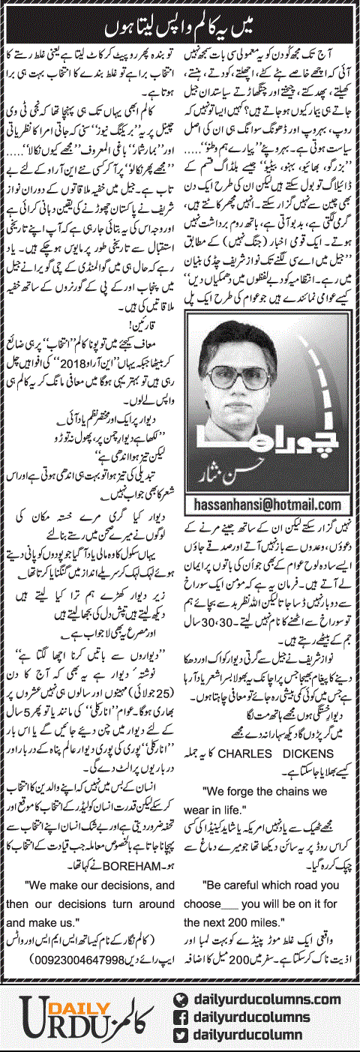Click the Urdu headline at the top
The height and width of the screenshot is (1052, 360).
(x=179, y=15)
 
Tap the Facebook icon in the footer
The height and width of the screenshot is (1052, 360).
(x=179, y=1015)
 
